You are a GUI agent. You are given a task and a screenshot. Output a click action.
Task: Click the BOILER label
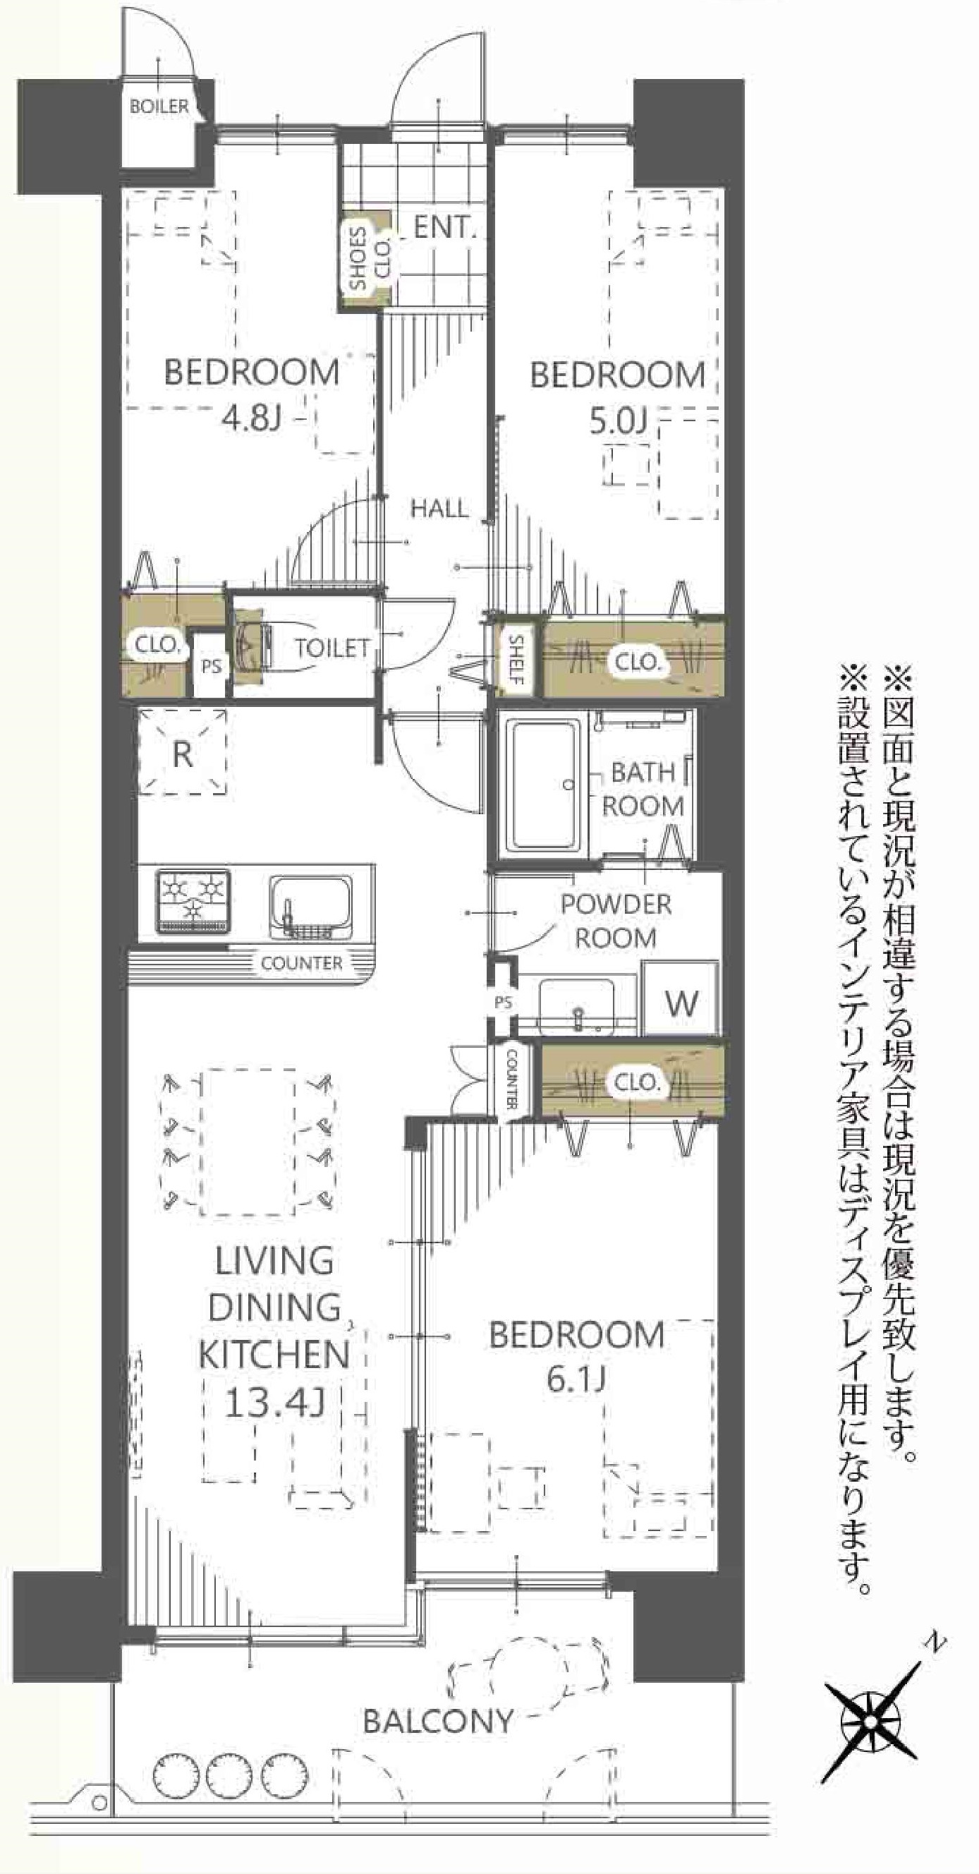(159, 107)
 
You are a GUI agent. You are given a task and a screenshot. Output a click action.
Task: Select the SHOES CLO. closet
(368, 259)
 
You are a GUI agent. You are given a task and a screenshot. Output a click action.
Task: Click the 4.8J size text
(252, 419)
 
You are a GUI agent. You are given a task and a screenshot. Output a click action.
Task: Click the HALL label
(439, 509)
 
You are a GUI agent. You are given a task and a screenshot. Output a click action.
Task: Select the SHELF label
(516, 660)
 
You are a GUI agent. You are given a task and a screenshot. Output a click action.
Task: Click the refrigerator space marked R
(183, 754)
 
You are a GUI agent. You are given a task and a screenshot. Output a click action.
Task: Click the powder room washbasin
(578, 1005)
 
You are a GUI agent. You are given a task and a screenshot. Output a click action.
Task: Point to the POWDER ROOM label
(616, 921)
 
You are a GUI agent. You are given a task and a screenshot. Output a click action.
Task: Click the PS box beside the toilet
(211, 665)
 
